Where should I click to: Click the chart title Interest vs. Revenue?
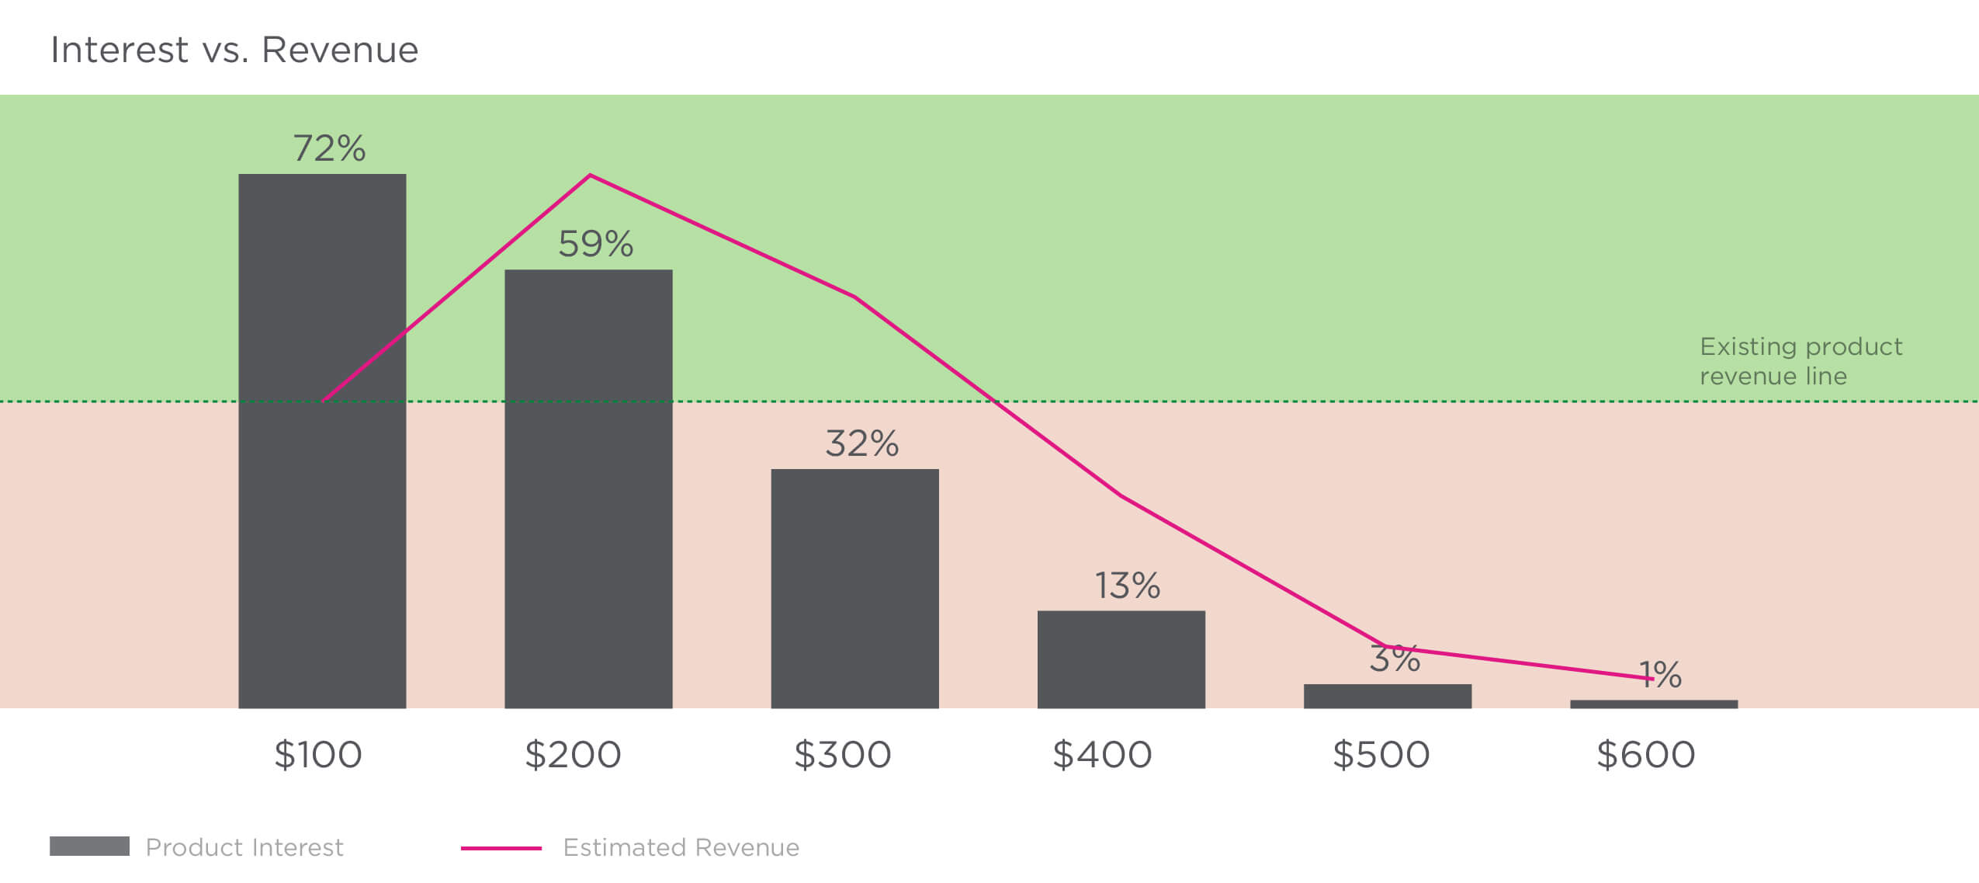click(x=234, y=50)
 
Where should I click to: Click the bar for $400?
click(x=1121, y=659)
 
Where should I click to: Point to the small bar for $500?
click(x=1387, y=696)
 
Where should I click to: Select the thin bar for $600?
click(x=1654, y=704)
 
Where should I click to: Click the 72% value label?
click(x=329, y=148)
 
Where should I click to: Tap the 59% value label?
click(x=595, y=244)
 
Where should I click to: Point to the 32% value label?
click(x=861, y=443)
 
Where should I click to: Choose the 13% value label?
click(x=1127, y=586)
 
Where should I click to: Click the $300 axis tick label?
click(x=842, y=755)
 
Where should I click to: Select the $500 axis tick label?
click(x=1381, y=755)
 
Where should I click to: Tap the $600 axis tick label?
click(x=1645, y=755)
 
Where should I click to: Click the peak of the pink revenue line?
click(x=590, y=176)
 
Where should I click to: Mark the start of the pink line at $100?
click(x=324, y=400)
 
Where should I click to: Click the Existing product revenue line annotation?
click(x=1801, y=361)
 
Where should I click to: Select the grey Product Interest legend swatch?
click(x=89, y=846)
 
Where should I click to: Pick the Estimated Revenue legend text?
click(x=681, y=847)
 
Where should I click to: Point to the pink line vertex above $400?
click(x=1121, y=495)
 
